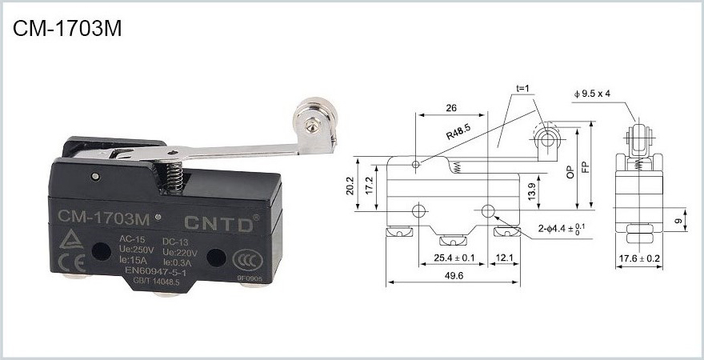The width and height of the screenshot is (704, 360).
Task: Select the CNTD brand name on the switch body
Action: coord(220,221)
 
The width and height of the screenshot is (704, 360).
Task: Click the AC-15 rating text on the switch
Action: coord(130,239)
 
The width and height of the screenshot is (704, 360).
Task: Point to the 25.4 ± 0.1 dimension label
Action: coord(453,257)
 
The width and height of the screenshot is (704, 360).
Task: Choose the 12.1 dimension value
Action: coord(505,257)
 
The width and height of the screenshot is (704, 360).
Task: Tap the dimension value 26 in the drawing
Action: coord(450,107)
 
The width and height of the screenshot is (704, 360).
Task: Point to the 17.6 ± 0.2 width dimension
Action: coord(640,258)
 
